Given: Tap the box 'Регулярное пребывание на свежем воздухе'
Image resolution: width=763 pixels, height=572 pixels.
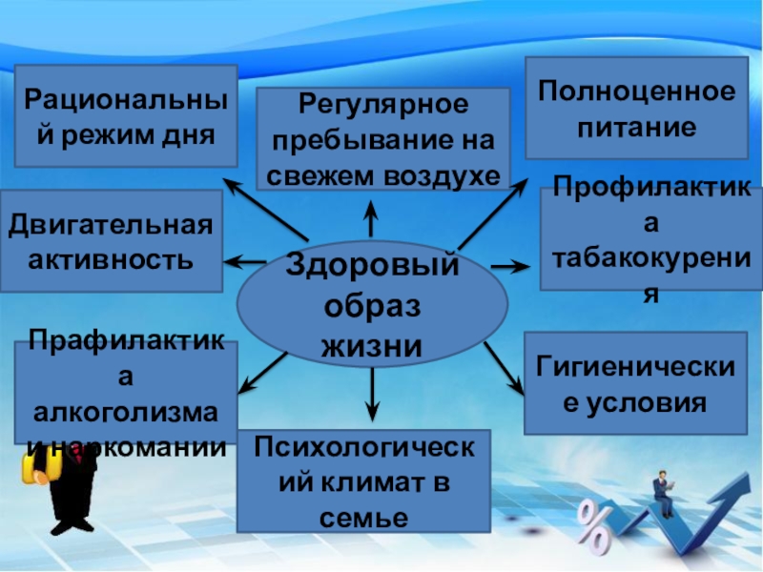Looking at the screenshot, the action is [x=382, y=139].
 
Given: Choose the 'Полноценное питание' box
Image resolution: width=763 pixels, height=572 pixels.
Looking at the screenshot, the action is [x=636, y=107].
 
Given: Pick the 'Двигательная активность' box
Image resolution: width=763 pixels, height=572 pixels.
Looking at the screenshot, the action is [x=111, y=240].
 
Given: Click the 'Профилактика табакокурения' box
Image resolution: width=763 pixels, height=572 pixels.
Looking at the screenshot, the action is [x=650, y=238].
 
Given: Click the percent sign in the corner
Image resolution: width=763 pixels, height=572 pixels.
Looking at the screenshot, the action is [x=593, y=529].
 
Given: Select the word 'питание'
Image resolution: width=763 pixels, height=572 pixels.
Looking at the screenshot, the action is [x=635, y=125].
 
